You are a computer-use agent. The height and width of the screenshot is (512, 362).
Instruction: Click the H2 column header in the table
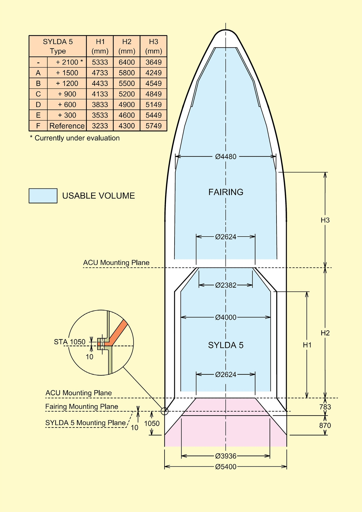click(127, 46)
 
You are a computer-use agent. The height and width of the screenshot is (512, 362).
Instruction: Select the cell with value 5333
click(100, 62)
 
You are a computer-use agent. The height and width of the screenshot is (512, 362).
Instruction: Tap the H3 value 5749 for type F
click(154, 126)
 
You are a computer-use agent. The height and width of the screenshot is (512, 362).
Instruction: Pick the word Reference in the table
click(67, 126)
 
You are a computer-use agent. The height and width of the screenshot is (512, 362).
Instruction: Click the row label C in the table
click(38, 94)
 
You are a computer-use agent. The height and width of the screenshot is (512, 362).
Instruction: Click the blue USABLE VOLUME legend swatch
click(43, 196)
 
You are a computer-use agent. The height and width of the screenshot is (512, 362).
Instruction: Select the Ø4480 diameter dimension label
click(226, 157)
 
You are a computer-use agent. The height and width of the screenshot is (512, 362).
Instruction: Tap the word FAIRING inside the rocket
click(226, 192)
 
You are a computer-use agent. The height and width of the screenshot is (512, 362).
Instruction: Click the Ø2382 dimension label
click(226, 285)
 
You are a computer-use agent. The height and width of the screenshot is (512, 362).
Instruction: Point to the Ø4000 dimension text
click(226, 317)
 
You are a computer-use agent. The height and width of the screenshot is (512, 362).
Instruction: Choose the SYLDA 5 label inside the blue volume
click(226, 345)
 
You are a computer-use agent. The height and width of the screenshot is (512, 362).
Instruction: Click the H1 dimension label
click(307, 345)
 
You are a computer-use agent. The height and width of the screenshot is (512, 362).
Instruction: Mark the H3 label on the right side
click(325, 220)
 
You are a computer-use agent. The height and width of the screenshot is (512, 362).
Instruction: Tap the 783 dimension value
click(325, 407)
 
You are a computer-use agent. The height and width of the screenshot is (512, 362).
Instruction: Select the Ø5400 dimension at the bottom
click(226, 467)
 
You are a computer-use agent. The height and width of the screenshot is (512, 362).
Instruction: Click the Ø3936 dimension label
click(226, 456)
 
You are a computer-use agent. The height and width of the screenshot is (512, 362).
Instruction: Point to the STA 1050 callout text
click(70, 342)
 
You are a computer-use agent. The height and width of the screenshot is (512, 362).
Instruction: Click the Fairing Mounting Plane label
click(82, 407)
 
